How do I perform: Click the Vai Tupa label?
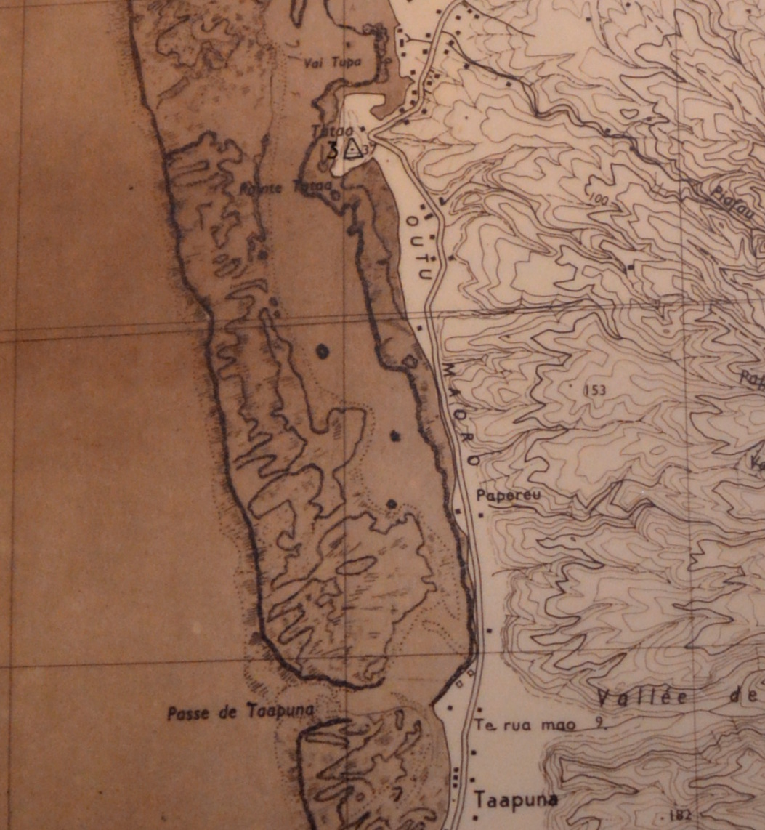336,62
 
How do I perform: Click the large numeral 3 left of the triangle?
333,150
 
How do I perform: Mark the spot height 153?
594,390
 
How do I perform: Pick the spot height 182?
681,813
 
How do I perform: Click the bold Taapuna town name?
516,799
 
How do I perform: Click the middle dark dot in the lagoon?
395,435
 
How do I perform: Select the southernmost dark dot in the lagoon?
392,503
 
